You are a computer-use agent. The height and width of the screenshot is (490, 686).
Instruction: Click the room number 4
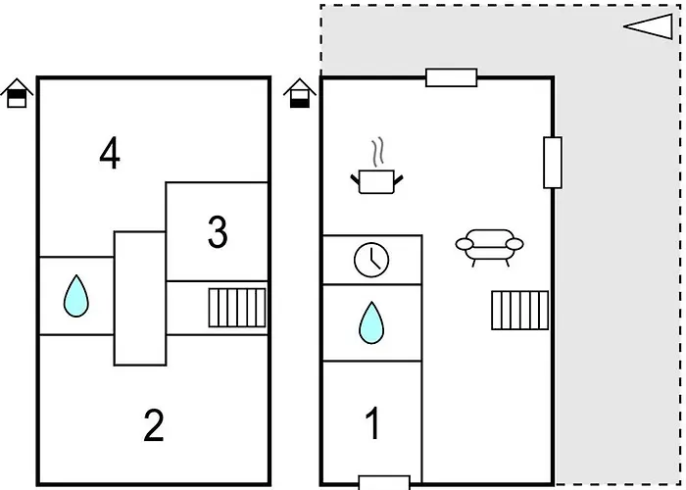coord(110,153)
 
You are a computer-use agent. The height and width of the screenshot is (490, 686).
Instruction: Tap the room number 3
coord(218,232)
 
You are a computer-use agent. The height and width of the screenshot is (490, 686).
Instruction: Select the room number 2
coord(153,426)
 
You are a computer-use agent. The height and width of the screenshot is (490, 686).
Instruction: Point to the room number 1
coord(372,424)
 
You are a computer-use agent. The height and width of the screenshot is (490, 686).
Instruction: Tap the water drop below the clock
coord(370,322)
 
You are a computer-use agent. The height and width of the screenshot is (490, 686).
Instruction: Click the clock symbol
coord(371,260)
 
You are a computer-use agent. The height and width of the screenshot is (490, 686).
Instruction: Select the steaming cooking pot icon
coord(376,179)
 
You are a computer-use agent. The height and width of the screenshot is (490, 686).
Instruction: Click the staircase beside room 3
coord(237,308)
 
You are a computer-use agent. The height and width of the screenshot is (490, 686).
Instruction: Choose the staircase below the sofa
coord(518,311)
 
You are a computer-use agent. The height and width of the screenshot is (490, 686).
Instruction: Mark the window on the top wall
coord(451,77)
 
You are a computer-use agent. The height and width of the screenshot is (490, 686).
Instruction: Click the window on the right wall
coord(553,163)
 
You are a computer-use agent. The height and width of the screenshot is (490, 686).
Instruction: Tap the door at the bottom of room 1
coord(383,482)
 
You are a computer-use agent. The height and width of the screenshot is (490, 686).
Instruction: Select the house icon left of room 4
coord(17,94)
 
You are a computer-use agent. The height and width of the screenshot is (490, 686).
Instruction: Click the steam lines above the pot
coord(377,155)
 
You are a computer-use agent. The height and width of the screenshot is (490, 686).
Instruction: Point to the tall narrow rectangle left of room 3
coord(139,297)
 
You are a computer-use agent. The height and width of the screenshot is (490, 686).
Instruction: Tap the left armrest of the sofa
coord(463,244)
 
